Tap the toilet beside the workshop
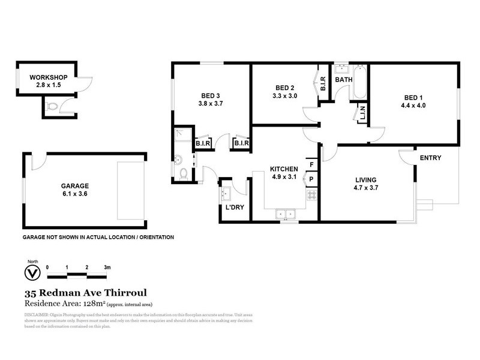(x=53, y=107)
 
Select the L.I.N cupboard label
(x=362, y=113)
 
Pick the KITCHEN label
(x=284, y=169)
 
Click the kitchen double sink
(x=285, y=213)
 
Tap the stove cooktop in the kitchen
(x=312, y=195)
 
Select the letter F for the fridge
(x=311, y=164)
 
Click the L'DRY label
(x=234, y=208)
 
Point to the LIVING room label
(x=365, y=179)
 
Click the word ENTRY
(x=430, y=158)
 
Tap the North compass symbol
(x=32, y=272)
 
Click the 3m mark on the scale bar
(x=106, y=266)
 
